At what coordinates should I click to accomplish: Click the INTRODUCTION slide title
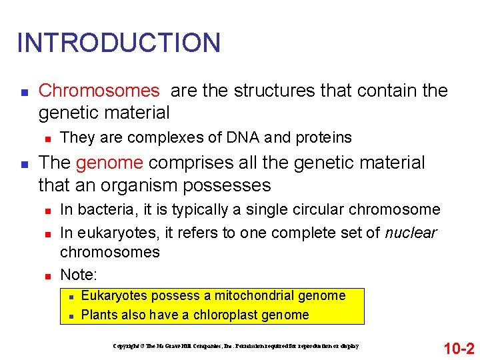119,43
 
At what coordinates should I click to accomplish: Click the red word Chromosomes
99,91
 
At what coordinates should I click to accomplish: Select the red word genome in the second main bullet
109,163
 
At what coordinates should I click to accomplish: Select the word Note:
79,274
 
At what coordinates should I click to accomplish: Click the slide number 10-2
458,347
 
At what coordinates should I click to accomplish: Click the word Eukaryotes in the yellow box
113,295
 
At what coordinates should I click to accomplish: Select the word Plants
99,315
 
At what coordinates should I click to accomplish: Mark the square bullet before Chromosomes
23,91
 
